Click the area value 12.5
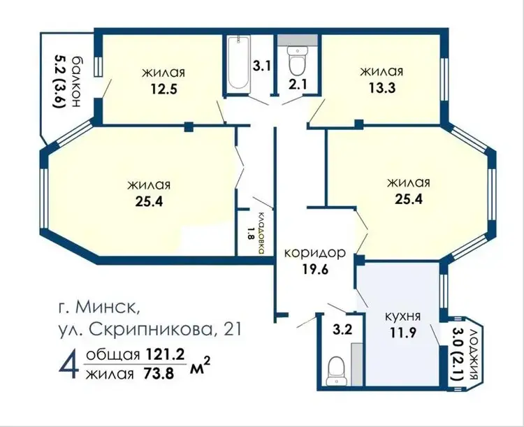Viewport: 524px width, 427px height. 163,89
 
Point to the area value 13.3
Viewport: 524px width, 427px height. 382,87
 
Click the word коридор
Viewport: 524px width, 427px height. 314,253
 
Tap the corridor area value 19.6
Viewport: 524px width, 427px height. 316,269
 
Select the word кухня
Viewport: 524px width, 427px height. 402,317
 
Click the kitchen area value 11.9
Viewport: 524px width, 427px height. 402,332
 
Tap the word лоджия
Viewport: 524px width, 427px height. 472,354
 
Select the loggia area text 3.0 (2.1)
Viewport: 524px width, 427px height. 457,354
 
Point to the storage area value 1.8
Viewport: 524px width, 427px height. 251,233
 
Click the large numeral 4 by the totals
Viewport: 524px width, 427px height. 69,363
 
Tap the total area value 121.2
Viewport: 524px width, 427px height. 165,355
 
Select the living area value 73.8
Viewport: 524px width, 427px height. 159,373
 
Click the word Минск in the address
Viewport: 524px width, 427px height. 108,307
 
